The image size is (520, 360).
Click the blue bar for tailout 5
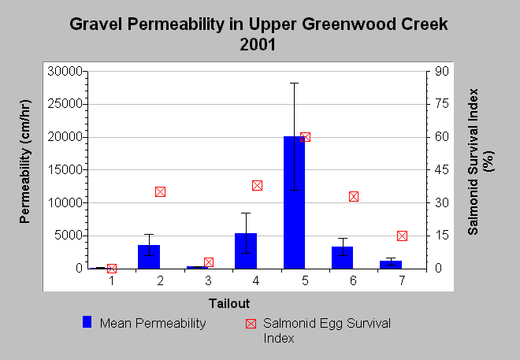(294, 202)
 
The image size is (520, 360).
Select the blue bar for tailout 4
(246, 251)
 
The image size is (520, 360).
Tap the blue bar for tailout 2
(149, 257)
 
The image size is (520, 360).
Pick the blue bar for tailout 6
(342, 258)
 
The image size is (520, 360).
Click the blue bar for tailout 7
(391, 265)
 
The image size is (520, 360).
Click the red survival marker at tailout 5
(305, 137)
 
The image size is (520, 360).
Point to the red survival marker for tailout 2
(160, 192)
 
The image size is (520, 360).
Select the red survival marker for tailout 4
(257, 186)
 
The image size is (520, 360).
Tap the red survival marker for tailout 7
(402, 236)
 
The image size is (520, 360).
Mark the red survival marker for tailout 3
(209, 262)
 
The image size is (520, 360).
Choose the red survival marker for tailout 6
(354, 197)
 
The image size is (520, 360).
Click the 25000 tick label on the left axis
(65, 104)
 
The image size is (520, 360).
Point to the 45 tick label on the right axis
(442, 169)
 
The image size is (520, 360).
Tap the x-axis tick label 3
(208, 280)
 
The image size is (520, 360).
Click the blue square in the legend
(87, 322)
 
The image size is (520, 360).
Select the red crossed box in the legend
(251, 324)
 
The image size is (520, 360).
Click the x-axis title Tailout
(229, 303)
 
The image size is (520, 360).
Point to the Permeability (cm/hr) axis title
(25, 161)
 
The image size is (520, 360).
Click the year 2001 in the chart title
(258, 44)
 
